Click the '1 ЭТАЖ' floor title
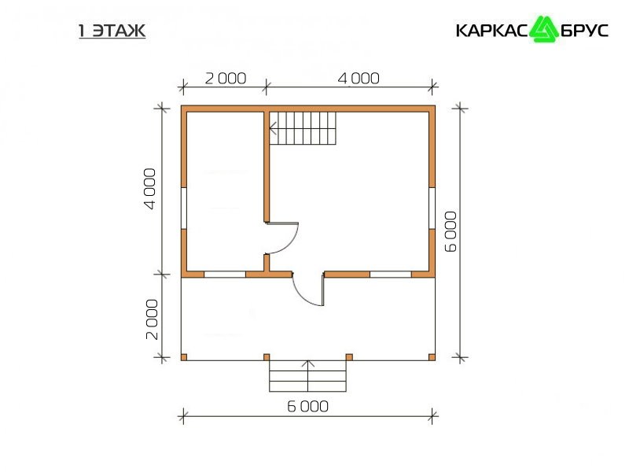pyautogui.click(x=112, y=31)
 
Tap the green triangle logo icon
pyautogui.click(x=544, y=29)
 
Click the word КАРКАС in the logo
pyautogui.click(x=492, y=31)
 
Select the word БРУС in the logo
pyautogui.click(x=584, y=31)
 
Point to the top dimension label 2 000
pyautogui.click(x=226, y=78)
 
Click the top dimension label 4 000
pyautogui.click(x=359, y=78)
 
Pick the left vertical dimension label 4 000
pyautogui.click(x=149, y=189)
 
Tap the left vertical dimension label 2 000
pyautogui.click(x=152, y=319)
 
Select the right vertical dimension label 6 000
pyautogui.click(x=451, y=231)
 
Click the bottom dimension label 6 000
pyautogui.click(x=307, y=407)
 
